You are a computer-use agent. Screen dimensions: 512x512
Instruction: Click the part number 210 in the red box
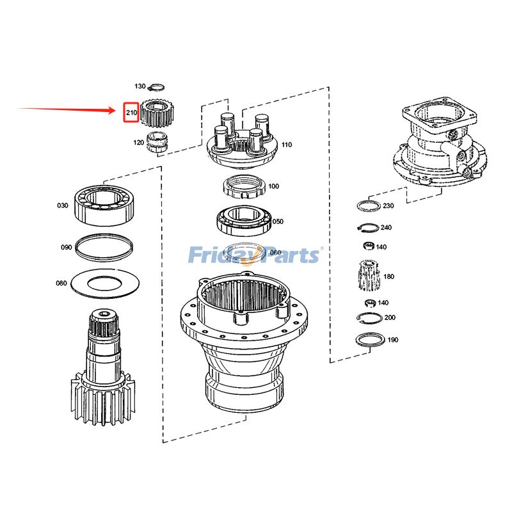pyautogui.click(x=131, y=113)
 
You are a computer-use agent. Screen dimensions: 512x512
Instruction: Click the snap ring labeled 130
pyautogui.click(x=157, y=87)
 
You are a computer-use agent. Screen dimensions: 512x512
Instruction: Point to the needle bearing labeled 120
pyautogui.click(x=156, y=141)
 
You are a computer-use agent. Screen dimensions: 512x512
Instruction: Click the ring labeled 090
pyautogui.click(x=104, y=247)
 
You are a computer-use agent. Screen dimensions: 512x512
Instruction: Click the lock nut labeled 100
pyautogui.click(x=243, y=188)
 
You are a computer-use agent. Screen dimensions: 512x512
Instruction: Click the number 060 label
pyautogui.click(x=276, y=252)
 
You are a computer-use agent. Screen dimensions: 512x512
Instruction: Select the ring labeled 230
pyautogui.click(x=368, y=205)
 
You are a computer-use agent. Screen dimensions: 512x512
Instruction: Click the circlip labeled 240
pyautogui.click(x=365, y=227)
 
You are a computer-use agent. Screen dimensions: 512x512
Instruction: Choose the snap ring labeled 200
pyautogui.click(x=367, y=318)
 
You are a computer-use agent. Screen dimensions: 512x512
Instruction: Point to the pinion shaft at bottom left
pyautogui.click(x=102, y=371)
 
